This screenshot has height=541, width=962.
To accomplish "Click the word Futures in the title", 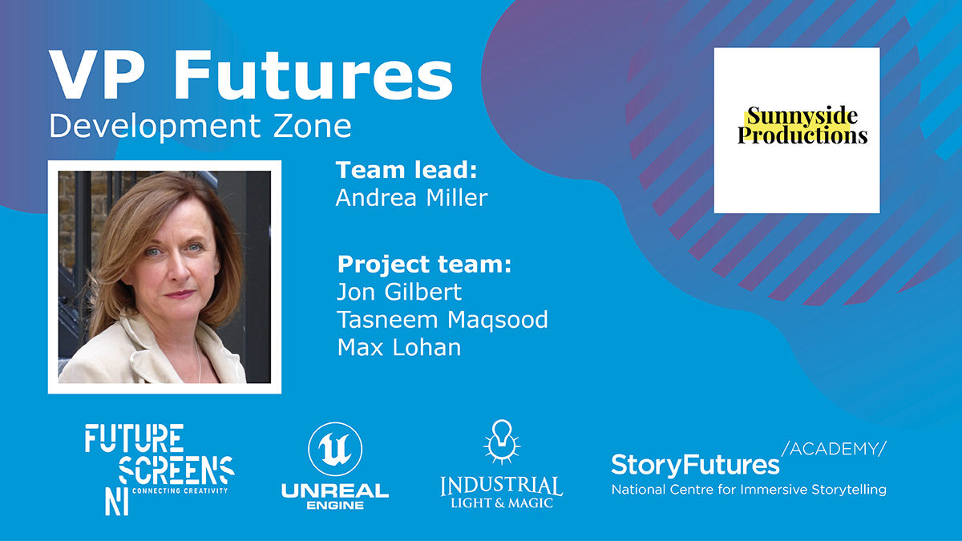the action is (313, 75).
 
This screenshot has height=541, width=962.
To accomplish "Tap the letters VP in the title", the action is (95, 75).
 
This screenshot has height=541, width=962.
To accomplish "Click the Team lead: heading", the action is (406, 170).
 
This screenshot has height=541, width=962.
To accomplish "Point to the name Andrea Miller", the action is (411, 198).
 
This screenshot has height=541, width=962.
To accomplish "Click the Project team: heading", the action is (424, 264).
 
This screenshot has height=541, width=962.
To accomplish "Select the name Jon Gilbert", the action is (399, 292).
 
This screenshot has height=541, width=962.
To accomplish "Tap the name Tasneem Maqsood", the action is (443, 320).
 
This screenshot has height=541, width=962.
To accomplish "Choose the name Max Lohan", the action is (399, 347).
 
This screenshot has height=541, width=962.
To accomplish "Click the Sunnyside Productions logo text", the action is (802, 125).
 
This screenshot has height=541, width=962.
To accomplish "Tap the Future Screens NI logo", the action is (160, 470).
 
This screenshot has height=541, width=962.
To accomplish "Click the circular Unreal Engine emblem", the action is (335, 449).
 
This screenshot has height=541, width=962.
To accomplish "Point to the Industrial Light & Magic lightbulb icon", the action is (502, 442).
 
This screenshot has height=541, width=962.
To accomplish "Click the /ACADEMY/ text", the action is (834, 449).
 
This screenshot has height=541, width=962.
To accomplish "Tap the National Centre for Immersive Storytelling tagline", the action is (749, 490).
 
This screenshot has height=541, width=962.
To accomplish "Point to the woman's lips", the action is (180, 294).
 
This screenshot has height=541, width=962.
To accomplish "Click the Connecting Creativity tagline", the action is (180, 491).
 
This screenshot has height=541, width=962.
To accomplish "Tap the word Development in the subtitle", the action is (155, 127).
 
